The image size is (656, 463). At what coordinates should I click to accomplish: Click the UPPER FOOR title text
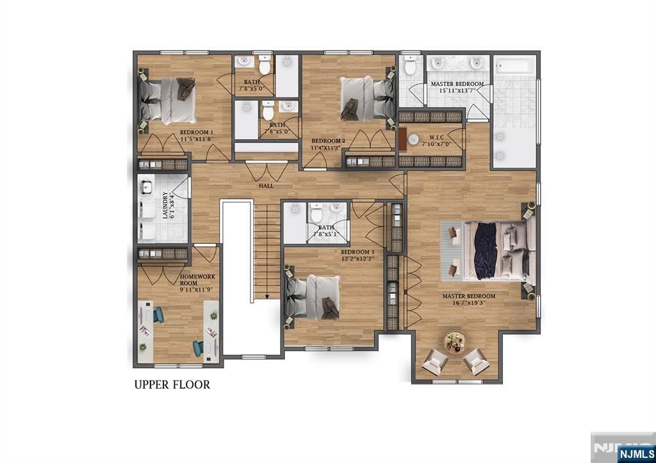point(172,385)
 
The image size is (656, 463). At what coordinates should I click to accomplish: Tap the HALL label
point(266,186)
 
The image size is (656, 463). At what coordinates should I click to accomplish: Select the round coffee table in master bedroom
point(455,341)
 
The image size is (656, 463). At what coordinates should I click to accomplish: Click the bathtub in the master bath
point(514,67)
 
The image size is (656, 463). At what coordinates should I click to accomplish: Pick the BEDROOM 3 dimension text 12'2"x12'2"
point(357,260)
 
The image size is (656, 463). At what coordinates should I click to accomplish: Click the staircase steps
point(267,250)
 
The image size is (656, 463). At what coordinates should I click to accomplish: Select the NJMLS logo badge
point(634,453)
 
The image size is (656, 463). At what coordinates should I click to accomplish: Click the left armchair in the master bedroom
point(436,362)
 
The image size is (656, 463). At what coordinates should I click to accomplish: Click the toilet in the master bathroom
point(410,65)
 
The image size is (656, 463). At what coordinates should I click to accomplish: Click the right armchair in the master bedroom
point(476,362)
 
